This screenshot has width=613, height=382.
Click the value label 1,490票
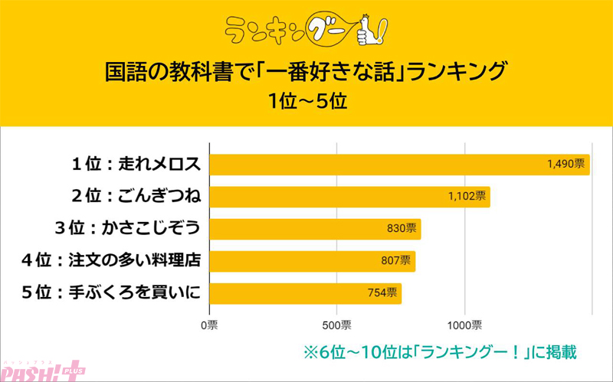click(566, 164)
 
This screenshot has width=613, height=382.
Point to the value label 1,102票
click(467, 197)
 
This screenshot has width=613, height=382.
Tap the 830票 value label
click(402, 229)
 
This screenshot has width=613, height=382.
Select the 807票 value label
click(395, 261)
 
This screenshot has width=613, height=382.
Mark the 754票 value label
click(382, 293)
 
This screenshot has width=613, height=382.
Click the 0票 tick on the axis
click(209, 325)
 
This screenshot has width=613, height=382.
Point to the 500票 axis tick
click(337, 325)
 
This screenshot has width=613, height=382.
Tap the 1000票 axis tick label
click(464, 325)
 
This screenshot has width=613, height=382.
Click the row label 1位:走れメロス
click(136, 165)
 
